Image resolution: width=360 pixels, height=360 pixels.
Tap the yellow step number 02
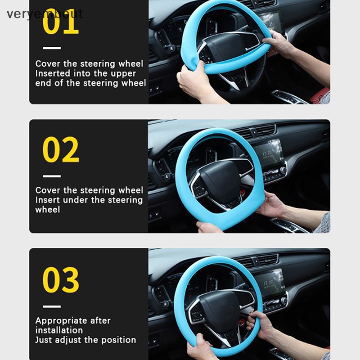click(61, 149)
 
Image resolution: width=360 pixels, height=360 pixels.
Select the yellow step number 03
click(61, 279)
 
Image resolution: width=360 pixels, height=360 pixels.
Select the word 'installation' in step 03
click(59, 330)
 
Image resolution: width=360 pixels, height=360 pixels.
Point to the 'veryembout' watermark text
click(45, 14)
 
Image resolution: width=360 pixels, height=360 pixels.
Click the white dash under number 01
click(52, 48)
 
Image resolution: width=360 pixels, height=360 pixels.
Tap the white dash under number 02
click(52, 176)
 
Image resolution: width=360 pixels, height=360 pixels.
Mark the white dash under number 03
click(52, 306)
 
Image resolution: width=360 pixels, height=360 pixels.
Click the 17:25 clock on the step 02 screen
click(267, 153)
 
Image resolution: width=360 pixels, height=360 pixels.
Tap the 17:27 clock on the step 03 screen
click(268, 283)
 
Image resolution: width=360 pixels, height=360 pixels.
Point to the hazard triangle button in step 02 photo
click(254, 131)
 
